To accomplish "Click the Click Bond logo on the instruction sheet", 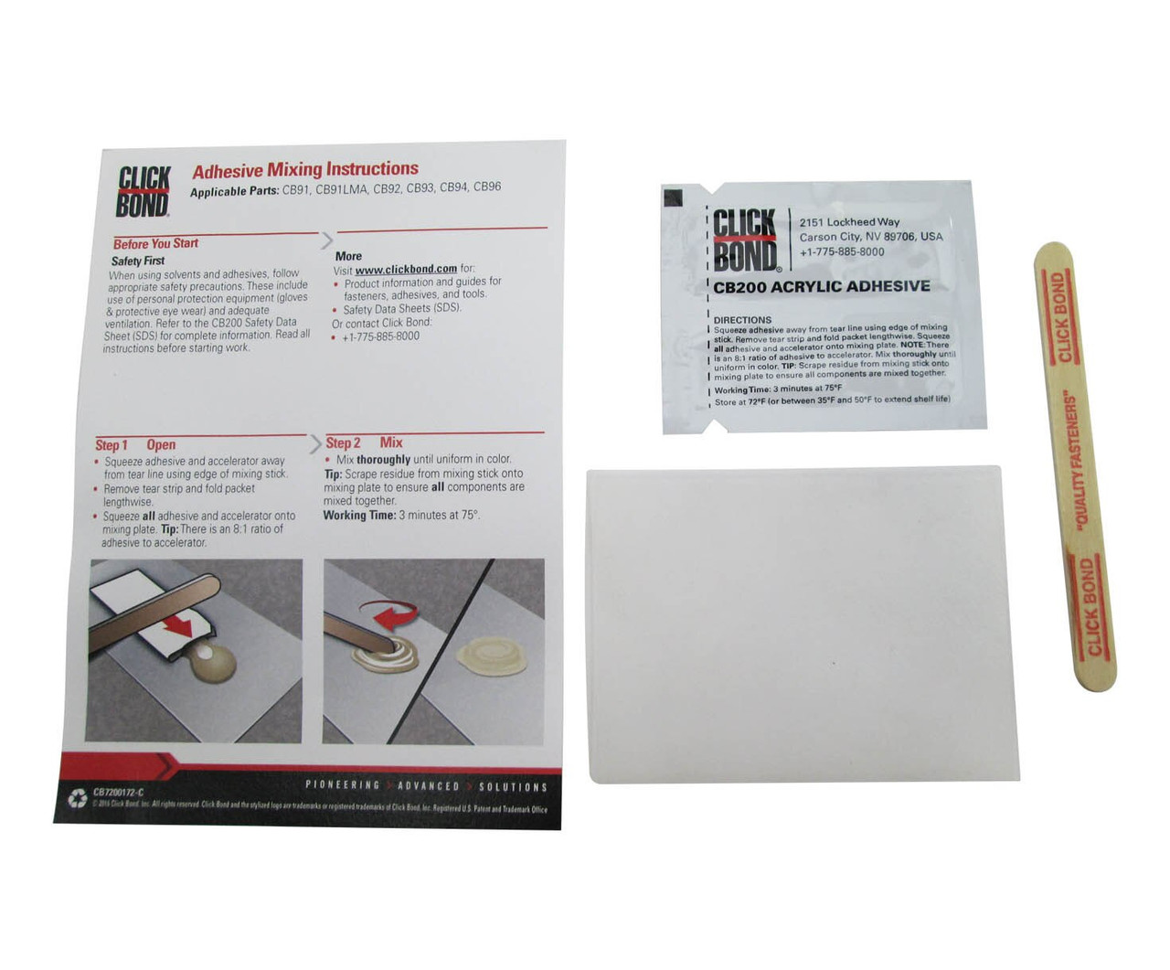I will (x=144, y=192).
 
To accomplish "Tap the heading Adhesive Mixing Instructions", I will (x=305, y=169).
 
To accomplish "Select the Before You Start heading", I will (x=155, y=243).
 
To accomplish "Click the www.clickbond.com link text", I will (x=406, y=269).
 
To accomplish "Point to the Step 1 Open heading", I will (x=135, y=445).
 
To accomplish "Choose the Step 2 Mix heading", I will (x=365, y=442).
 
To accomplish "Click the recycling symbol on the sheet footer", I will (x=77, y=798).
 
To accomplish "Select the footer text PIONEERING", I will (x=343, y=785).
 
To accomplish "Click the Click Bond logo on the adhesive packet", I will (x=744, y=240).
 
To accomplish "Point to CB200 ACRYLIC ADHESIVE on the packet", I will (x=822, y=286).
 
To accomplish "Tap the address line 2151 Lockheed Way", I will (x=849, y=222).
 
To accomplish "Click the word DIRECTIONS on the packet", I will (x=742, y=320).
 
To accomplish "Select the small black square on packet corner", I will (x=673, y=195).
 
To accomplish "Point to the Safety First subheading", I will (x=138, y=261).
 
